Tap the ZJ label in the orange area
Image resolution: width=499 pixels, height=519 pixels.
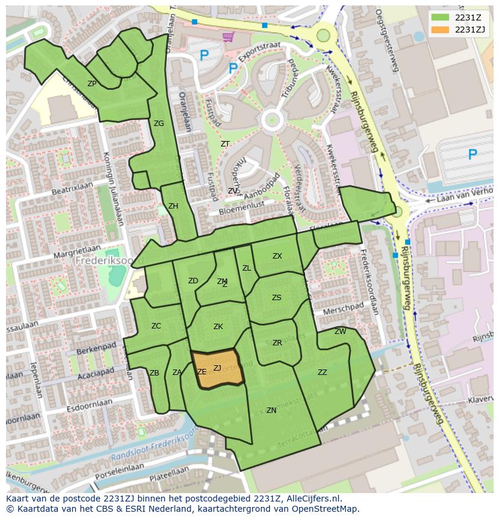pos(217,368)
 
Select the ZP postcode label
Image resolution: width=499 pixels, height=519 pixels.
pos(92,84)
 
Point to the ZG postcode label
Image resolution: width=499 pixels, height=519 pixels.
pos(158,124)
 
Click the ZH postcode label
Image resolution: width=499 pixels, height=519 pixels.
pos(173,206)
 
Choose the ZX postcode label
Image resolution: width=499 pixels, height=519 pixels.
pos(277,256)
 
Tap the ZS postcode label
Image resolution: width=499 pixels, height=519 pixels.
pos(276,298)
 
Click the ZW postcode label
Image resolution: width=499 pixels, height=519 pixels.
pos(341,332)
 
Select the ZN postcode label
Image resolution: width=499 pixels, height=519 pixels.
pos(271,410)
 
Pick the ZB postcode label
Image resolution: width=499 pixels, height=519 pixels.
pos(154,373)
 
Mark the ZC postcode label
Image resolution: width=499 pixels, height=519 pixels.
pos(156,326)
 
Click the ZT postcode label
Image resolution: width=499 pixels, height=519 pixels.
pos(225,144)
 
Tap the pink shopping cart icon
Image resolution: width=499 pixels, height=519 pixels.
pos(228,37)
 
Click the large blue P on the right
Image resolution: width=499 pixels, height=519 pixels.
pos(472,155)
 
